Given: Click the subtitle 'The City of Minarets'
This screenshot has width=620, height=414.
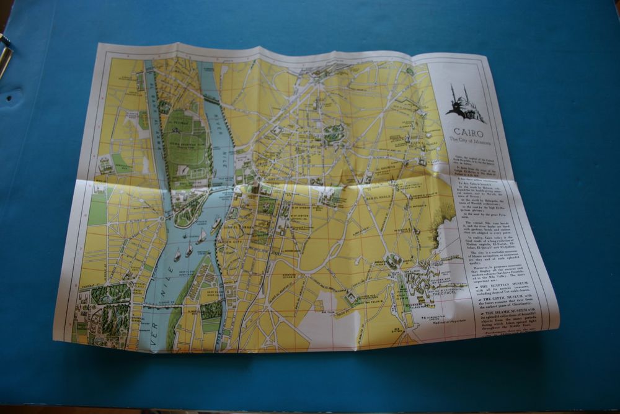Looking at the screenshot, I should click(x=470, y=142).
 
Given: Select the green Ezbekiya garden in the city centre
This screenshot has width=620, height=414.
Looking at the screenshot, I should click(x=334, y=132).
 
